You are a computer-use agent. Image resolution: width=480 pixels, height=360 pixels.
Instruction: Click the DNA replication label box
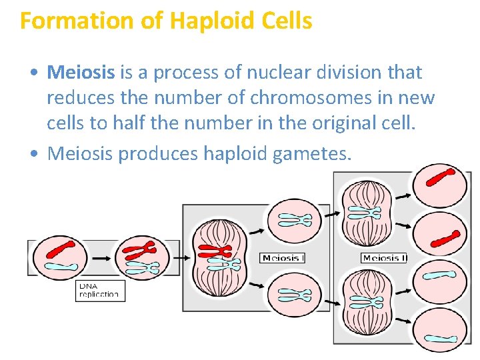click(x=100, y=290)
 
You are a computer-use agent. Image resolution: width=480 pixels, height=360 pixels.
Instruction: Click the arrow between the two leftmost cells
click(x=101, y=257)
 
